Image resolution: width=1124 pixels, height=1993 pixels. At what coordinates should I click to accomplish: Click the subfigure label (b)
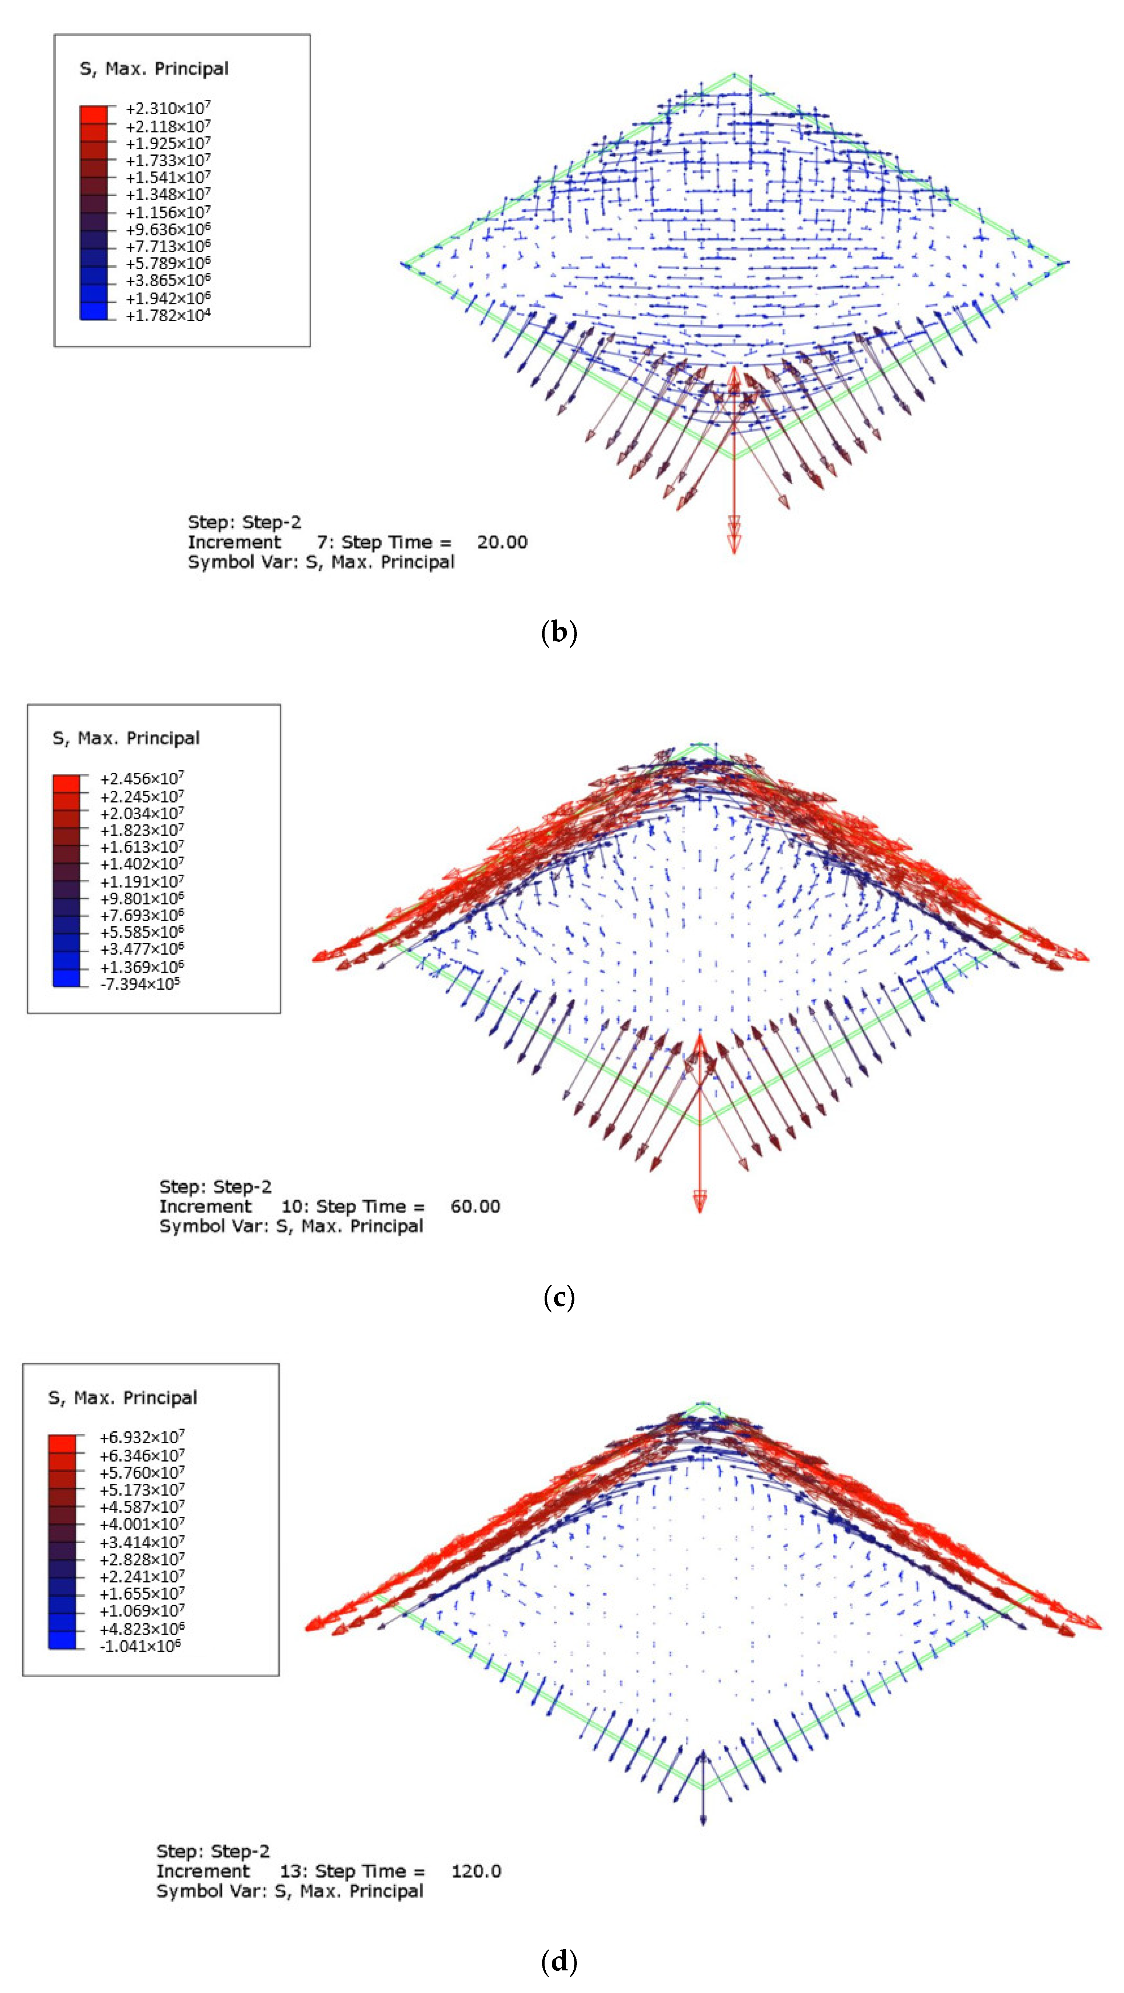pyautogui.click(x=560, y=633)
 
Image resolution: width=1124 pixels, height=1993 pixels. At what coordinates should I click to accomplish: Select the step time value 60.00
pyautogui.click(x=475, y=1206)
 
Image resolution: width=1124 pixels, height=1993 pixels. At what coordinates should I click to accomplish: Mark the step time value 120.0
pyautogui.click(x=476, y=1872)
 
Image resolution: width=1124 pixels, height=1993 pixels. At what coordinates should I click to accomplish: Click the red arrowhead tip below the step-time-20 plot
pyautogui.click(x=734, y=551)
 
